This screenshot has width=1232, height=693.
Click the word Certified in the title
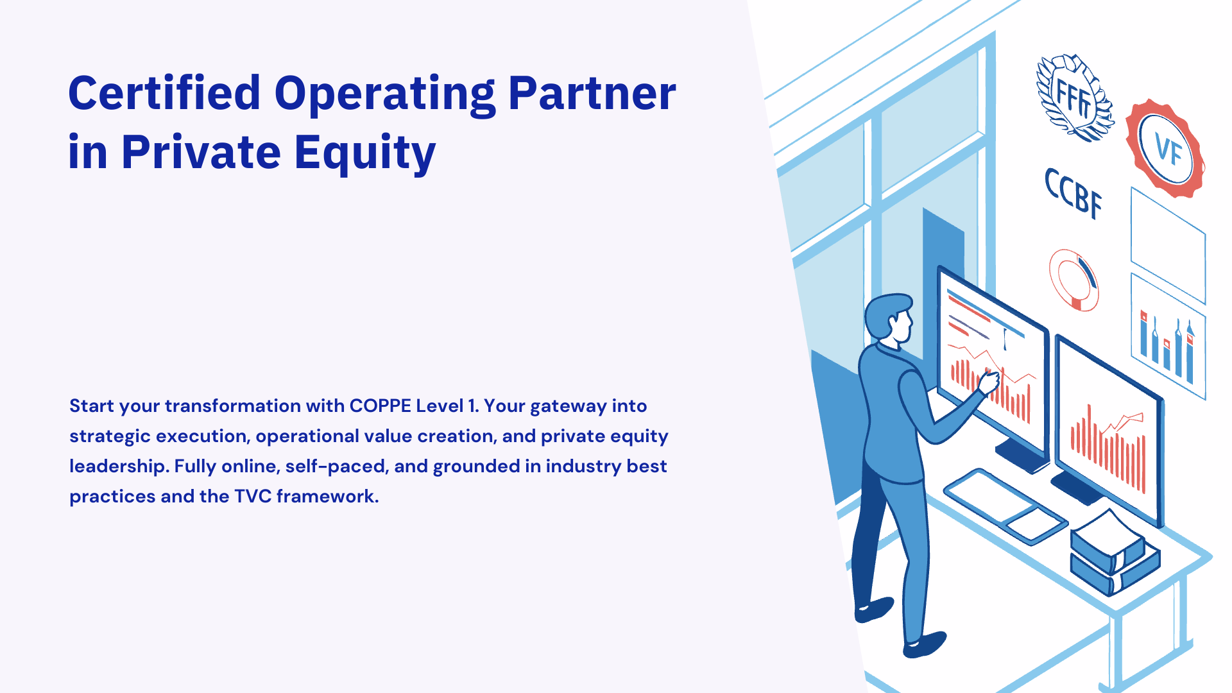coord(164,93)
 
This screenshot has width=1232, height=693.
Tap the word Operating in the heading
coord(385,96)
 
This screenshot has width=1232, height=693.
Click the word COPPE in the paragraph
coord(381,406)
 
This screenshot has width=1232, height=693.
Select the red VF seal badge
coord(1165,149)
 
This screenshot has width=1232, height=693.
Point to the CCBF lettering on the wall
coord(1073,193)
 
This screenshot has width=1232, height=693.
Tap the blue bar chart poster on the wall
coord(1168,336)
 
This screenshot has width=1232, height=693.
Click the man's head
coord(889,318)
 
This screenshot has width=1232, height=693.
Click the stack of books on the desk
coord(1115,552)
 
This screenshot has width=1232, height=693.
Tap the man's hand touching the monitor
coord(988,382)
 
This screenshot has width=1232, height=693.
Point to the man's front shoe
coord(924,644)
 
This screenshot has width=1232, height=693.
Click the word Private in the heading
coord(201,153)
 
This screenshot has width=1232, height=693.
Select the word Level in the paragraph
coord(440,406)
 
